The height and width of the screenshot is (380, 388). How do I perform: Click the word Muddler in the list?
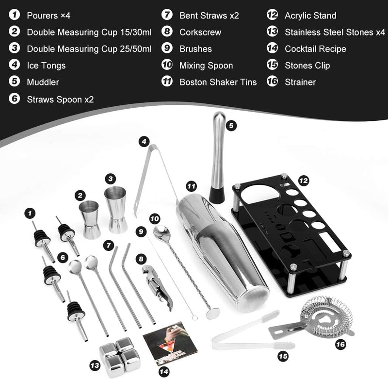(x=43, y=83)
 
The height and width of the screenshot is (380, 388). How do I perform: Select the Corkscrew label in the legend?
(x=200, y=33)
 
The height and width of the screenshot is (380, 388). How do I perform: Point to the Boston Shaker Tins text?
(x=218, y=82)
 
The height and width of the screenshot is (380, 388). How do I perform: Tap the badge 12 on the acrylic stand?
(x=304, y=180)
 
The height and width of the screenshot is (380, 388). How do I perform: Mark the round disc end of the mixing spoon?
(x=211, y=314)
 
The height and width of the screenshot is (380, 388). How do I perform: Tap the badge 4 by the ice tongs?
(x=143, y=142)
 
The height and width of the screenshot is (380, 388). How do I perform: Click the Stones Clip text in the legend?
(x=307, y=66)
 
